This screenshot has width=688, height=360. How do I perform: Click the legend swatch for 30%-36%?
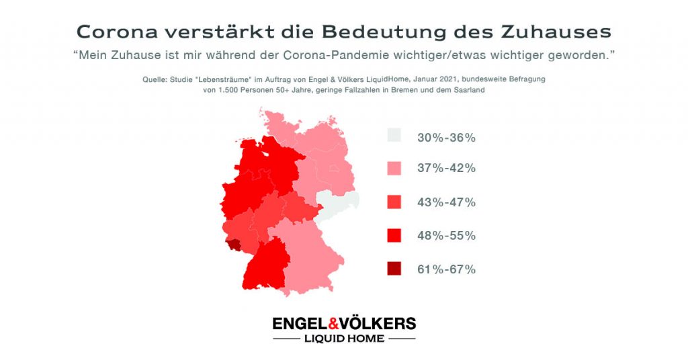tap(394, 136)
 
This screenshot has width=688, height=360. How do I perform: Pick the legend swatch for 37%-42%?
tap(394, 168)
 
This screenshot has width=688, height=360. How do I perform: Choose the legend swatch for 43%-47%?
tap(394, 201)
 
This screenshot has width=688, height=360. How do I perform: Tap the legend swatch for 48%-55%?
tap(394, 235)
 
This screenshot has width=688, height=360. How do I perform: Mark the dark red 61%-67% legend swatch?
tap(394, 269)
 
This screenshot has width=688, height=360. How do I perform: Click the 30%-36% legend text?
tap(446, 138)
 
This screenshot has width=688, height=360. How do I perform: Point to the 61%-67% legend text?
tap(446, 269)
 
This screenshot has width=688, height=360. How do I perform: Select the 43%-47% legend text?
tap(446, 202)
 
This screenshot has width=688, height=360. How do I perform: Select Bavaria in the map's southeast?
tap(309, 252)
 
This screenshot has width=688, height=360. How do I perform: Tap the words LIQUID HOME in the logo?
tap(343, 339)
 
